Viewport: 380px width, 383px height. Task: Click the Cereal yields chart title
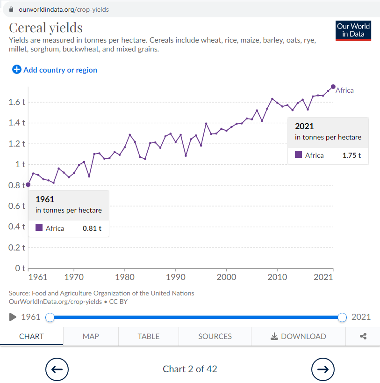click(46, 28)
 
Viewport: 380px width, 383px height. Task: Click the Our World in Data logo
click(353, 30)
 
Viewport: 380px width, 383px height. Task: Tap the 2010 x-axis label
click(277, 277)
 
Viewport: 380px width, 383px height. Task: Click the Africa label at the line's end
click(344, 90)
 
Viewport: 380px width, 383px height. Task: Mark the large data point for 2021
click(333, 87)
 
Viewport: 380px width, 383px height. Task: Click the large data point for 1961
click(28, 184)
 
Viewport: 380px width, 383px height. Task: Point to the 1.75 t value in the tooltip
click(351, 155)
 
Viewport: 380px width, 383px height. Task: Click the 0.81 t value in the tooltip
click(92, 228)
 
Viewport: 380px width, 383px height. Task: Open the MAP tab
click(91, 336)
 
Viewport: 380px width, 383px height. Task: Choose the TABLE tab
click(149, 336)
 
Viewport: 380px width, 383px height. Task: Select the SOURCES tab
click(215, 336)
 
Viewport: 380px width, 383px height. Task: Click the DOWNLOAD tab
click(298, 336)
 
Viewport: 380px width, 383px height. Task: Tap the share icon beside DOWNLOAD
click(363, 336)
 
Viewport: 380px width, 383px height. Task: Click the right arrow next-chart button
click(323, 369)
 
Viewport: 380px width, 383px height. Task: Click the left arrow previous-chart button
click(57, 369)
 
